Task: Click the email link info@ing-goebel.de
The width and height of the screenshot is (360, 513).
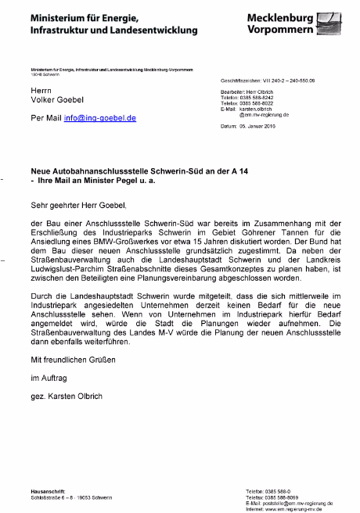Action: [x=100, y=118]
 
